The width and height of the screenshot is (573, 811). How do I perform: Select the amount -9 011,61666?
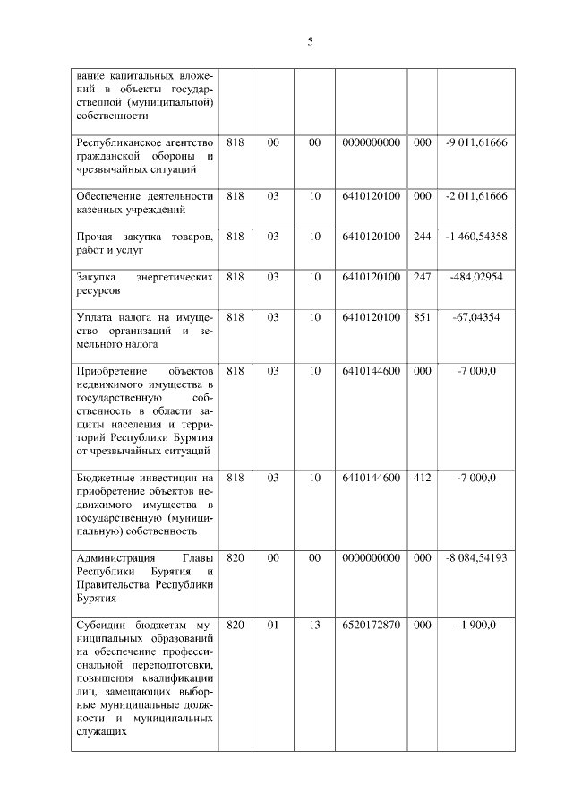click(475, 142)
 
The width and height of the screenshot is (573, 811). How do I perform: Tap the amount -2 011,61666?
click(475, 195)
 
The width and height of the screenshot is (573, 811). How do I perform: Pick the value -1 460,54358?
click(475, 237)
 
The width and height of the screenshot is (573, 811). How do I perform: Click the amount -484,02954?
click(475, 277)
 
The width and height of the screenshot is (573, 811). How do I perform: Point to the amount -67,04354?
click(475, 317)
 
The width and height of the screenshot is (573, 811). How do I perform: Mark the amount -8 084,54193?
click(475, 557)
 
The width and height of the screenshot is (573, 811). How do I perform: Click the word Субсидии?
click(99, 624)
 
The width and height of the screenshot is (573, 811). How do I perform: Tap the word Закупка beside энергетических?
click(98, 277)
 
